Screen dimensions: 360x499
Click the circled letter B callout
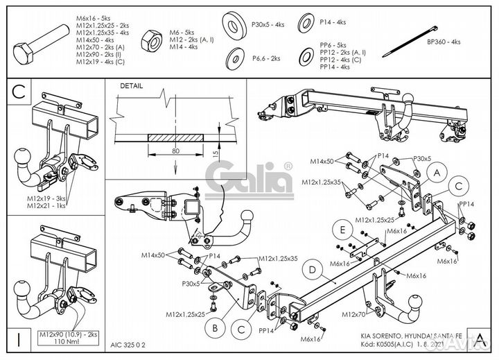click(x=216, y=327)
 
